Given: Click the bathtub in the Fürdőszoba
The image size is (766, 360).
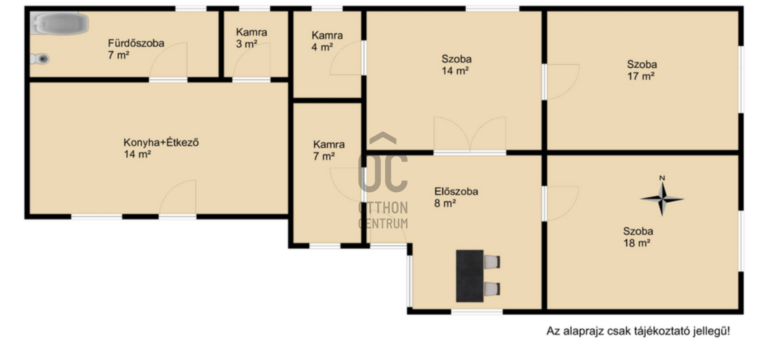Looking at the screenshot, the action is coord(60,23).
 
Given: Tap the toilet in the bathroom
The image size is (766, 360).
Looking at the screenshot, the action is coord(40,59).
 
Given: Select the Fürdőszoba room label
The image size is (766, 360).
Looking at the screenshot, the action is coord(136,49).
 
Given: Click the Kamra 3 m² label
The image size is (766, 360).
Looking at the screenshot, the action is coord(251,38).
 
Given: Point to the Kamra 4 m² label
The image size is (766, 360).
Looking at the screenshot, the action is coord(327,41).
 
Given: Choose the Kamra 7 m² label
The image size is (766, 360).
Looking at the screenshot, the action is coord(329,150).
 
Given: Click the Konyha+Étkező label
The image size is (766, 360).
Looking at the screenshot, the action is coord(161,148).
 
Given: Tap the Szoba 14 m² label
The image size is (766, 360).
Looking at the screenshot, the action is coord(456,65).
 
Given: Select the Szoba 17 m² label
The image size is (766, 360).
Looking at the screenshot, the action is coord(642,70).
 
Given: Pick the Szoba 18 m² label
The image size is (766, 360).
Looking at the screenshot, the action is coord(638,237).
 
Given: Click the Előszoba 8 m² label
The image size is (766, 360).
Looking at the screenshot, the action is coord(456,197).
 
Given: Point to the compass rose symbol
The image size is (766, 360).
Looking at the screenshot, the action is coord(662,199).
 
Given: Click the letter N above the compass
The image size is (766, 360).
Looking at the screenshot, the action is coord(662,178).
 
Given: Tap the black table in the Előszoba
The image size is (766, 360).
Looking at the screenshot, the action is coord(470,276).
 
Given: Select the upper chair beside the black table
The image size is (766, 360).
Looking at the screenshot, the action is coord(492,262).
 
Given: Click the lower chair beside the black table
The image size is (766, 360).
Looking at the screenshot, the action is coord(492,289).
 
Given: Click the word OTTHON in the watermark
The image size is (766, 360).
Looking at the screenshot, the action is coord(383,208).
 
